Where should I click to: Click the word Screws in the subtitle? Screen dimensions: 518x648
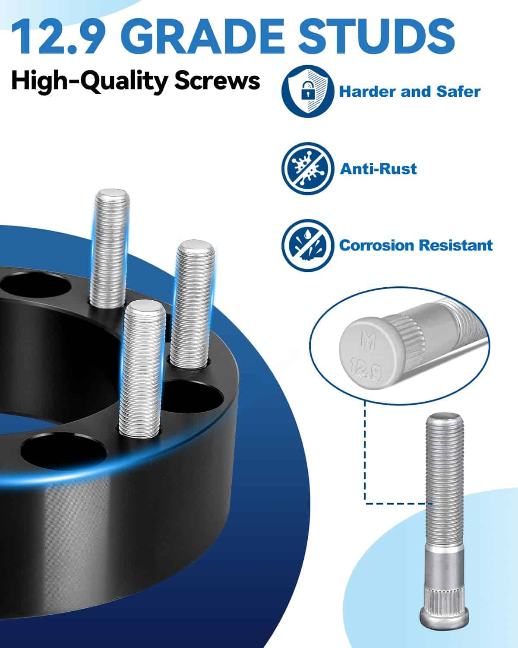pos(217,81)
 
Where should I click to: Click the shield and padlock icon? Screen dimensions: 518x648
pos(308,91)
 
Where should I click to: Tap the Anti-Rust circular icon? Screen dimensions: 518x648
pos(308,168)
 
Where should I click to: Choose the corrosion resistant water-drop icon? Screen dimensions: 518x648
pos(308,245)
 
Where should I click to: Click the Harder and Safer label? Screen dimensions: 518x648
pos(410,92)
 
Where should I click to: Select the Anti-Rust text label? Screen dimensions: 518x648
pos(378,168)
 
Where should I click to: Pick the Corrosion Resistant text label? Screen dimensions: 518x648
pos(416,245)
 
